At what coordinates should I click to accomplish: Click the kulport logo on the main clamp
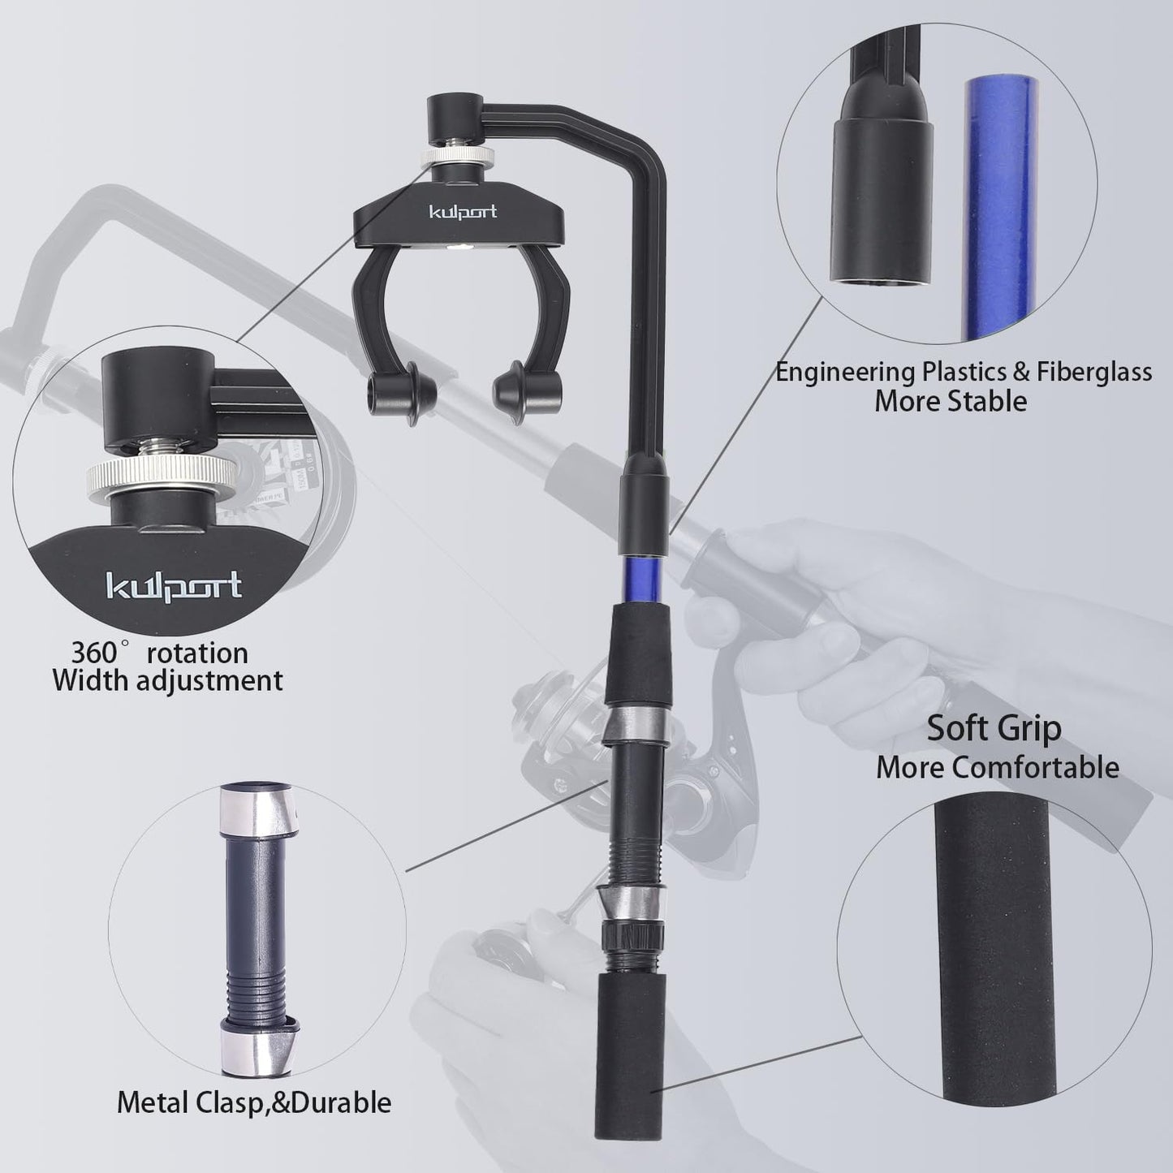tap(463, 213)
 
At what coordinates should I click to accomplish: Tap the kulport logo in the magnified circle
tap(174, 584)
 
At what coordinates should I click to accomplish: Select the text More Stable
tap(950, 401)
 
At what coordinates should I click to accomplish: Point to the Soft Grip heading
tap(994, 728)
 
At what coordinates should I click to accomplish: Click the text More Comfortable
tap(997, 767)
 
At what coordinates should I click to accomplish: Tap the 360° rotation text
tap(159, 653)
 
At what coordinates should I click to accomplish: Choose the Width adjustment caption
tap(168, 680)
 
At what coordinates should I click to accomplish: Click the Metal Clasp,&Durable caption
tap(254, 1102)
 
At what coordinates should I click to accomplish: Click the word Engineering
tap(844, 372)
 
